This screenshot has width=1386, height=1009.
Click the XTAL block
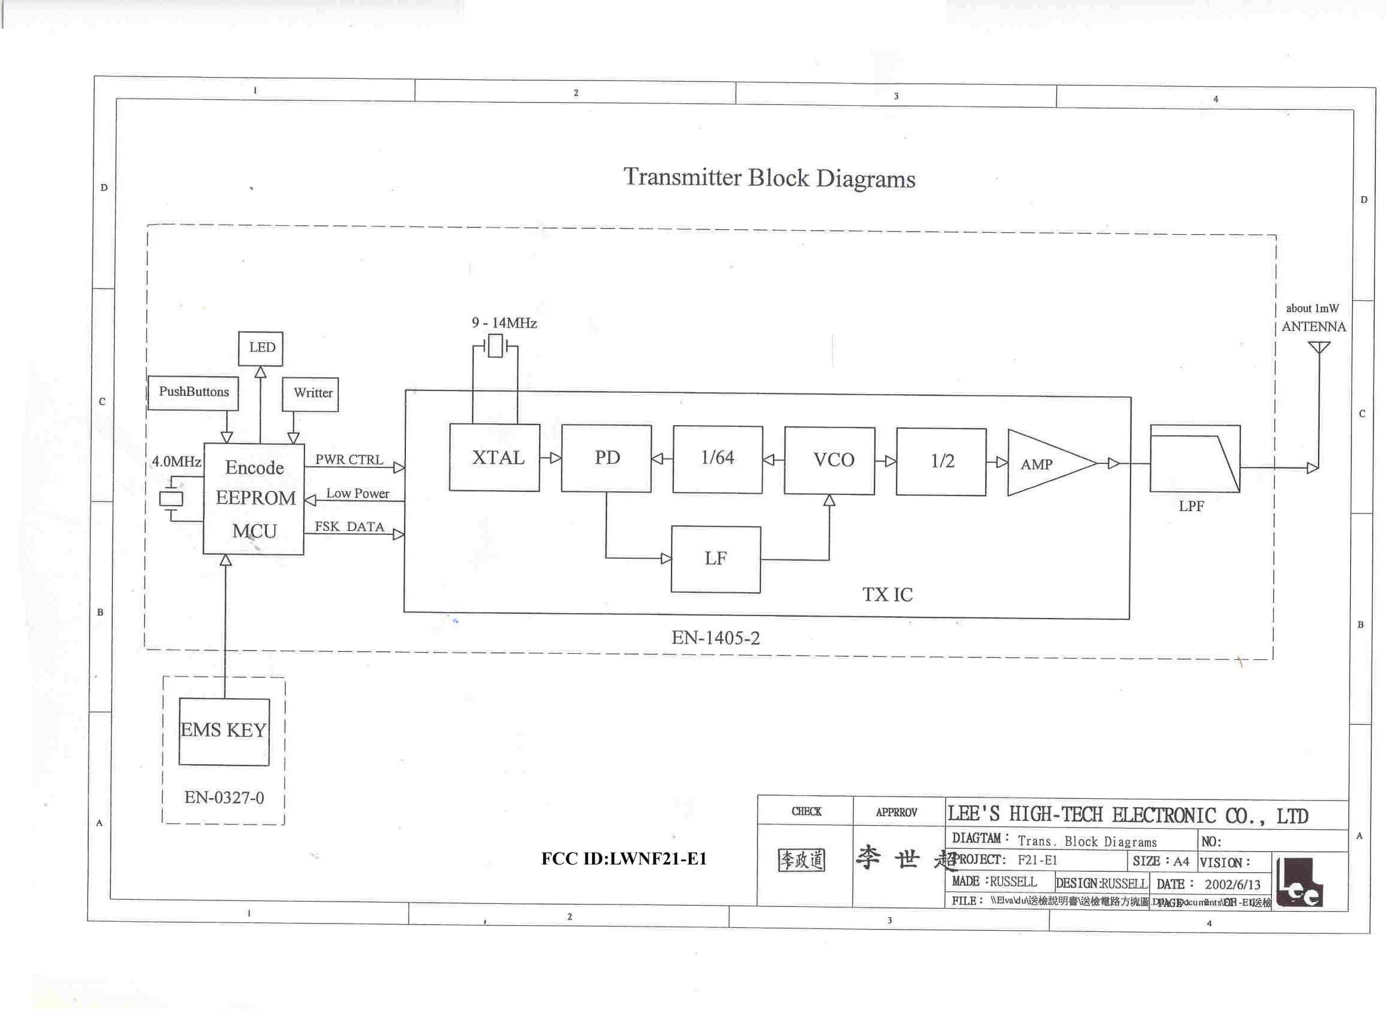[494, 457]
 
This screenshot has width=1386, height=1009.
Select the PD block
[606, 458]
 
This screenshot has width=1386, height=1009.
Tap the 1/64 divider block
[717, 459]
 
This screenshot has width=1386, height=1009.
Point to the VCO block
[829, 460]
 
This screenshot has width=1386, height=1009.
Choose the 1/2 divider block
[941, 462]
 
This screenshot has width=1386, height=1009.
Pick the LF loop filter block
[716, 559]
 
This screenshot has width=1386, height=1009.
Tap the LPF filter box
[1195, 459]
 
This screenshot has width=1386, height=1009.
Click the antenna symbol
[1319, 348]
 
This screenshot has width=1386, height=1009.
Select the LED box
[261, 348]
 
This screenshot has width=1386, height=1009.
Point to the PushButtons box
[193, 392]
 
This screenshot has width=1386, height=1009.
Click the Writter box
[310, 393]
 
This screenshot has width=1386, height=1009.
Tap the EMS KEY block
[224, 731]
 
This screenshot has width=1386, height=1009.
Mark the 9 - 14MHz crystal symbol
[495, 346]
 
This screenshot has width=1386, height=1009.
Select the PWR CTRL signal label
[349, 460]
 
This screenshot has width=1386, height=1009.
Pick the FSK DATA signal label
[349, 527]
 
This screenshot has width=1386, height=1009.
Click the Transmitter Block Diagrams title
[769, 178]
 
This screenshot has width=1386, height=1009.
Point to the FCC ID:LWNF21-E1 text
[624, 859]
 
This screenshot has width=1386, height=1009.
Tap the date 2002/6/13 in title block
[1232, 884]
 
